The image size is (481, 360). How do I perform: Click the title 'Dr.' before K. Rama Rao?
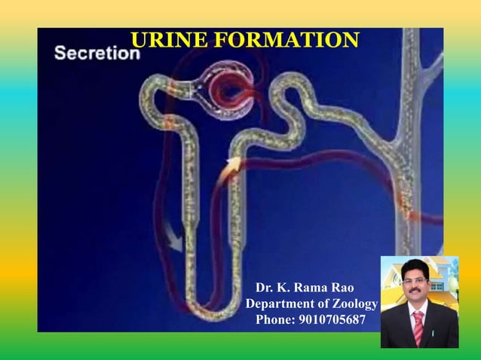(265, 288)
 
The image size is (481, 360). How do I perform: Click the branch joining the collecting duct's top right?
(430, 71)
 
